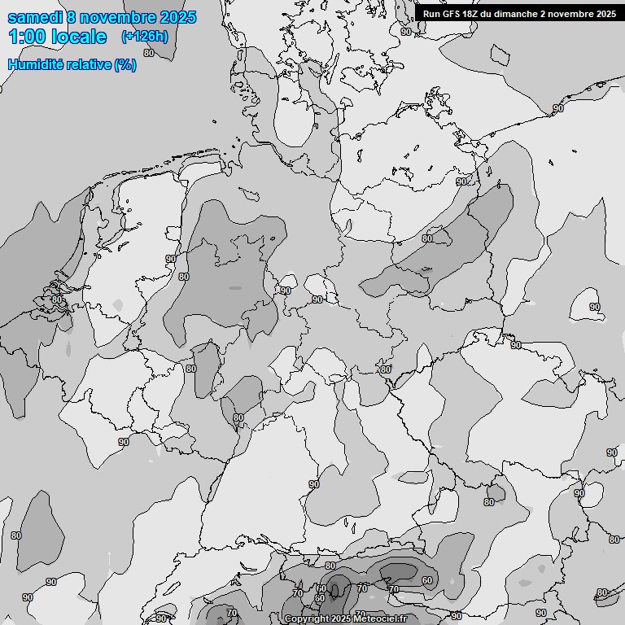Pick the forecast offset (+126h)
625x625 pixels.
(144, 36)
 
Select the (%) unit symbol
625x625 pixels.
(125, 64)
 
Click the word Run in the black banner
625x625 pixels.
(431, 13)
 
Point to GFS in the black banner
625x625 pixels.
(451, 13)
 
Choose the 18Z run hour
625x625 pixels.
(471, 13)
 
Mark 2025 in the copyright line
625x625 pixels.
(340, 619)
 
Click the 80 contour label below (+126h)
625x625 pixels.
(147, 53)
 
